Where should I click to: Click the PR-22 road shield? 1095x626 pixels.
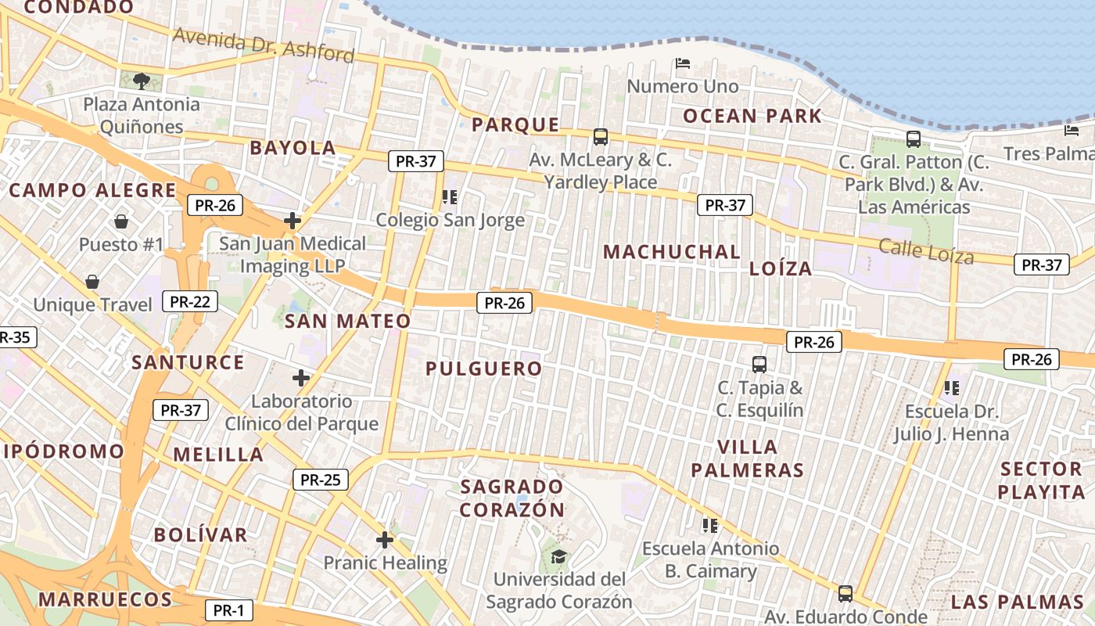pos(190,301)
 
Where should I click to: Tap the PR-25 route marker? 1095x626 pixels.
pos(320,480)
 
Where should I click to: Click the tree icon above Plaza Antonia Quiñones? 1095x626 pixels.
pos(142,80)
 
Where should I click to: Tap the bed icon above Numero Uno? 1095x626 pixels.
pos(683,63)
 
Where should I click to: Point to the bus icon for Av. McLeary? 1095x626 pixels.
pos(601,137)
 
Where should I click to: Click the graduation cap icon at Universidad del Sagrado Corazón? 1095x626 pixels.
pos(558,556)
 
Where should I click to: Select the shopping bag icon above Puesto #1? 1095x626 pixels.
pos(121,221)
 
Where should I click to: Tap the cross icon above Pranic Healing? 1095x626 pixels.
pos(384,539)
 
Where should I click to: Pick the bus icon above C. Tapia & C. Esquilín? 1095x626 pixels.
pos(759,364)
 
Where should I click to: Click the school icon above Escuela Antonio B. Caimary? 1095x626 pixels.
pos(710,525)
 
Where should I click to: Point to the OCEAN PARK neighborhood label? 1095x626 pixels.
pos(752,117)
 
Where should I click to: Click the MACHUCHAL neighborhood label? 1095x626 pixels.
pos(672,252)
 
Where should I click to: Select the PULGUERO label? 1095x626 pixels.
pos(483,369)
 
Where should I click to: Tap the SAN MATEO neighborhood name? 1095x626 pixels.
pos(347,321)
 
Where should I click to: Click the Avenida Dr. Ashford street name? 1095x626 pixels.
pos(264,45)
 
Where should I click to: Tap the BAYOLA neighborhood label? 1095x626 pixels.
pos(293,148)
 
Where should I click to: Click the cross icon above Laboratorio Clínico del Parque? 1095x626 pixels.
pos(301,379)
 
